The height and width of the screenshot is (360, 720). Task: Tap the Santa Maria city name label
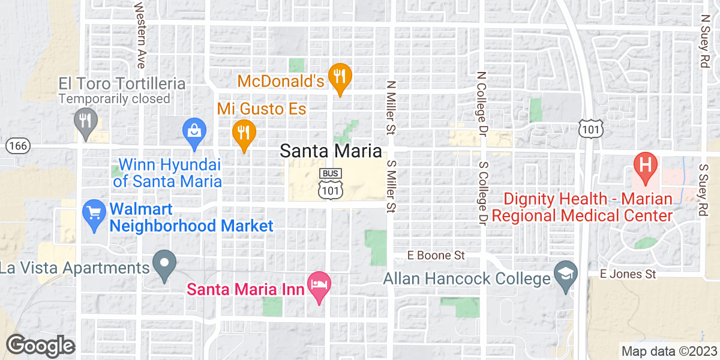[331, 151]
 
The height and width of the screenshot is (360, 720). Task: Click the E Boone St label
[436, 255]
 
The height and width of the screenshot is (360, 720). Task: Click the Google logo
[40, 346]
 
